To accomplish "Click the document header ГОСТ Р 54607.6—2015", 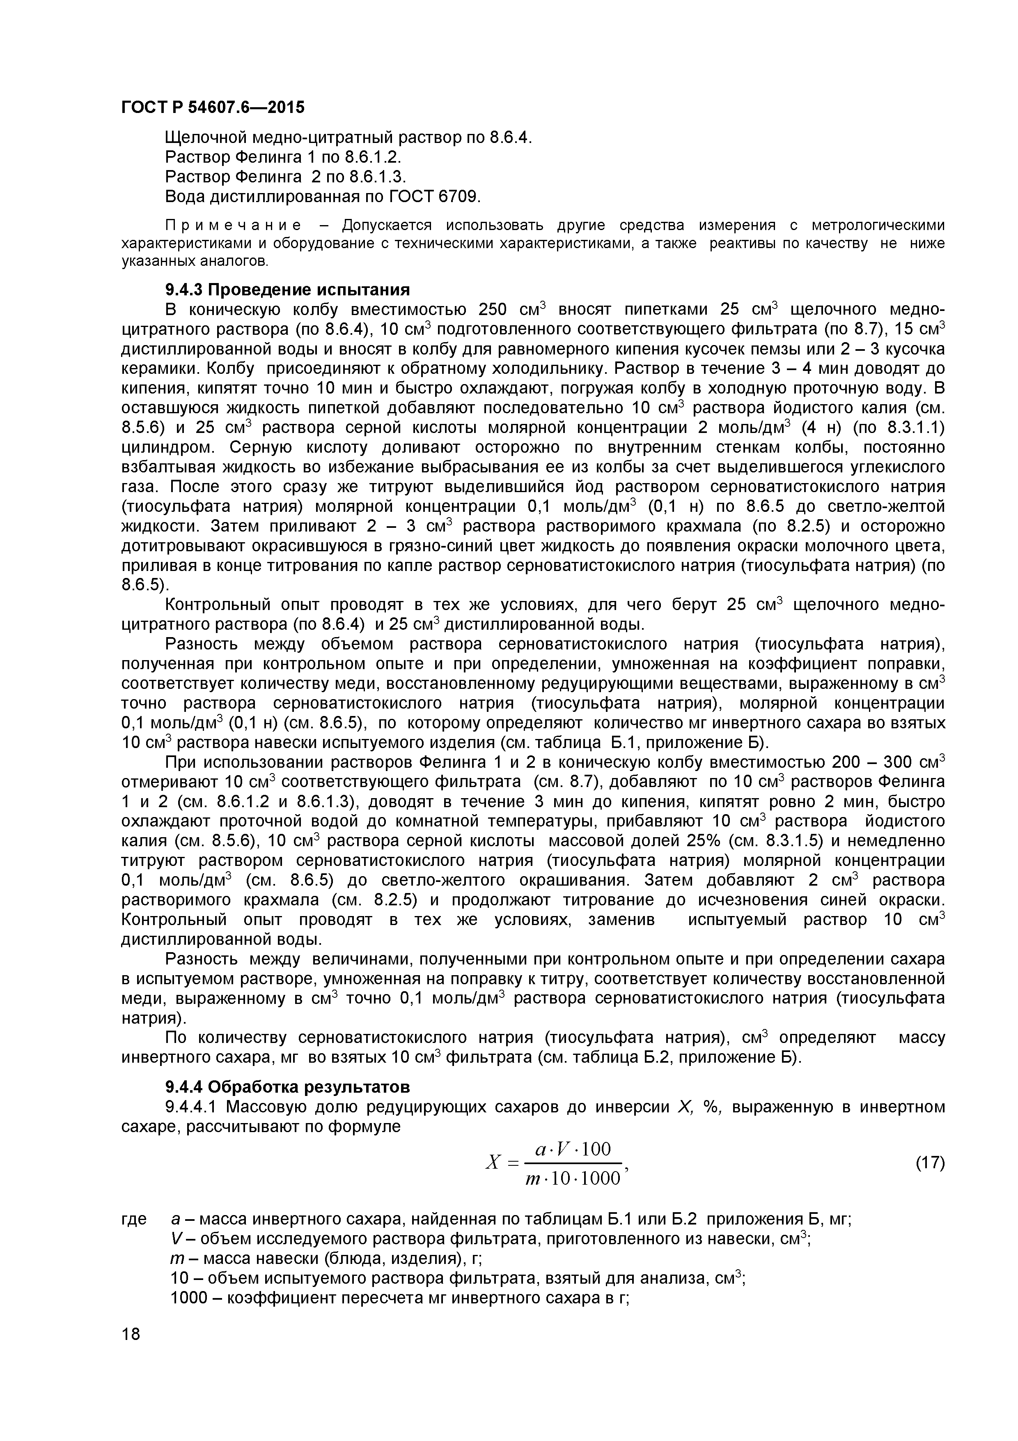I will tap(213, 107).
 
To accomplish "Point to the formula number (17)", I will tap(930, 1163).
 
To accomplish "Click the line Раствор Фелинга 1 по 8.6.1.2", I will tap(282, 156).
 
